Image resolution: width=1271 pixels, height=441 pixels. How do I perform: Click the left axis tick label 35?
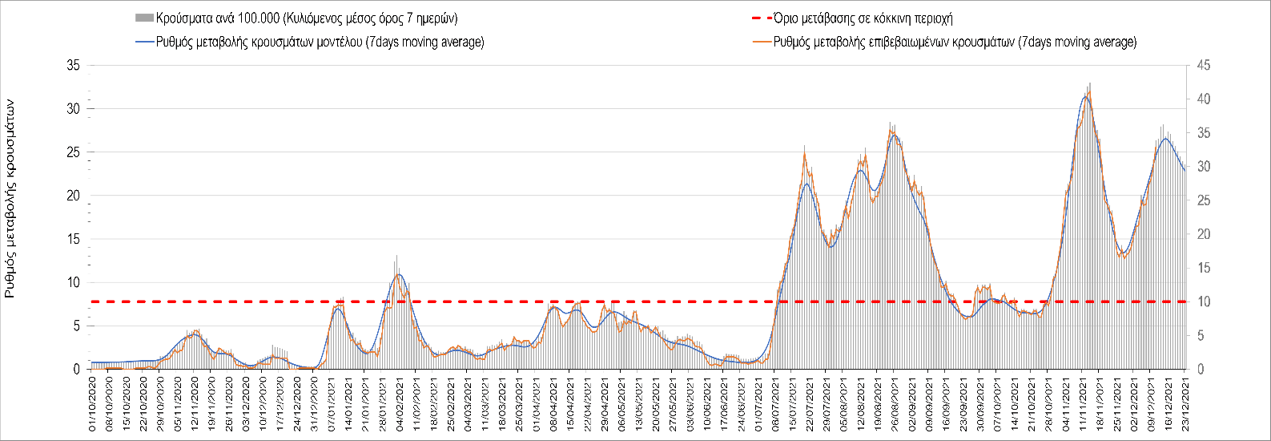(73, 65)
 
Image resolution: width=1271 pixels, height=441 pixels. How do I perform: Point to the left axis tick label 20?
(73, 196)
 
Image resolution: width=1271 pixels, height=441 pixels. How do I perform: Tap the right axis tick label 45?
(1203, 65)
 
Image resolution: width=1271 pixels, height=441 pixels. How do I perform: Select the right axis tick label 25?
(1203, 200)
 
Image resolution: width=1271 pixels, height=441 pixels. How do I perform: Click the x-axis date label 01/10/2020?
(92, 405)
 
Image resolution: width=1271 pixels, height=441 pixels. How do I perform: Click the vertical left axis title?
(10, 199)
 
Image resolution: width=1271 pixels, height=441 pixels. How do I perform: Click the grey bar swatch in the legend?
(144, 18)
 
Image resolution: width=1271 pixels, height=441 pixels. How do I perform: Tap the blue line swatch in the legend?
(144, 42)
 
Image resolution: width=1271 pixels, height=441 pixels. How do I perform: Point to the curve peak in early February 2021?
(399, 275)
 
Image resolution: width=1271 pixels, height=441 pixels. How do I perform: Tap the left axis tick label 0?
(76, 370)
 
